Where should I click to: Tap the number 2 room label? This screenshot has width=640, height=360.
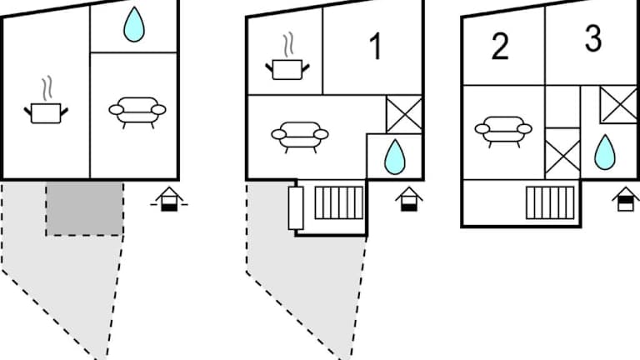(499, 47)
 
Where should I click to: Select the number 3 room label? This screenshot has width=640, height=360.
(592, 39)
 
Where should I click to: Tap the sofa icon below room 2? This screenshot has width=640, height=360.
(503, 129)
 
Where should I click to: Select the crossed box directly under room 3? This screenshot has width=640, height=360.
(619, 104)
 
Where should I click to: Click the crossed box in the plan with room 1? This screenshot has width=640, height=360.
(404, 114)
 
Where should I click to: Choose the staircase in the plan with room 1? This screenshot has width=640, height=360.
(338, 202)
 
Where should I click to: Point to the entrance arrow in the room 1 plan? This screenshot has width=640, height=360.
(407, 198)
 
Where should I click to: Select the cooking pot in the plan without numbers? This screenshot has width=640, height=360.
(47, 107)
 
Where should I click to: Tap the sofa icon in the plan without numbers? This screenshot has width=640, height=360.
(137, 110)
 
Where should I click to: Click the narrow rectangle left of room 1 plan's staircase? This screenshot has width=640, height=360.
(295, 207)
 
